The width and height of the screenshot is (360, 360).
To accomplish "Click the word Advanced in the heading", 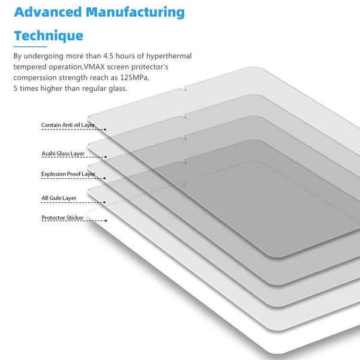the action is [x=48, y=12].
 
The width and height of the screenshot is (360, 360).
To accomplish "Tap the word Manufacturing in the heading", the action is [x=135, y=13].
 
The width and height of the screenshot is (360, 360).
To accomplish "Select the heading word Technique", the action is [x=49, y=36].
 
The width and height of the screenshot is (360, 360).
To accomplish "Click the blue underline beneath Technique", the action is [x=31, y=47].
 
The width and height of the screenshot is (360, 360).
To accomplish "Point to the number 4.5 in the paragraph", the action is [x=108, y=56].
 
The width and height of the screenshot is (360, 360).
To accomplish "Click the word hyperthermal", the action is [x=169, y=56].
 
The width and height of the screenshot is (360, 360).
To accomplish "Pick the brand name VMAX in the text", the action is [x=94, y=67].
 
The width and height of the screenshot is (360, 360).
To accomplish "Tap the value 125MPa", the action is [x=134, y=77].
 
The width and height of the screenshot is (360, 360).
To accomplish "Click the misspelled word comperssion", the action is [x=35, y=78].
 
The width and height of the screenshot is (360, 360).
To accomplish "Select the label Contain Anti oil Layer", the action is [x=68, y=125].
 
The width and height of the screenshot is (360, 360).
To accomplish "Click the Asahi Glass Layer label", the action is [x=63, y=154].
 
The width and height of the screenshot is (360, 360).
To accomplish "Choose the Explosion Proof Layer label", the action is [x=68, y=174].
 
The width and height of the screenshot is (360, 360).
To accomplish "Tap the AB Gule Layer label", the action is [x=59, y=198].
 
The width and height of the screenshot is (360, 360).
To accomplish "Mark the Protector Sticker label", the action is [x=62, y=218].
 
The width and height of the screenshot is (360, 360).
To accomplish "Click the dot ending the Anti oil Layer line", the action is [x=105, y=130].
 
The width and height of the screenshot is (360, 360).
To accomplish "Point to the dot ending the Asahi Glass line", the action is [x=106, y=157].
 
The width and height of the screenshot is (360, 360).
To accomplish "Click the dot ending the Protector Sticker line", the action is [x=106, y=221].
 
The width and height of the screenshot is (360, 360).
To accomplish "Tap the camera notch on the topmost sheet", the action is [x=183, y=89].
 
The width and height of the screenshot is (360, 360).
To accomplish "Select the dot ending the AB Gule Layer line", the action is [x=104, y=203].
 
